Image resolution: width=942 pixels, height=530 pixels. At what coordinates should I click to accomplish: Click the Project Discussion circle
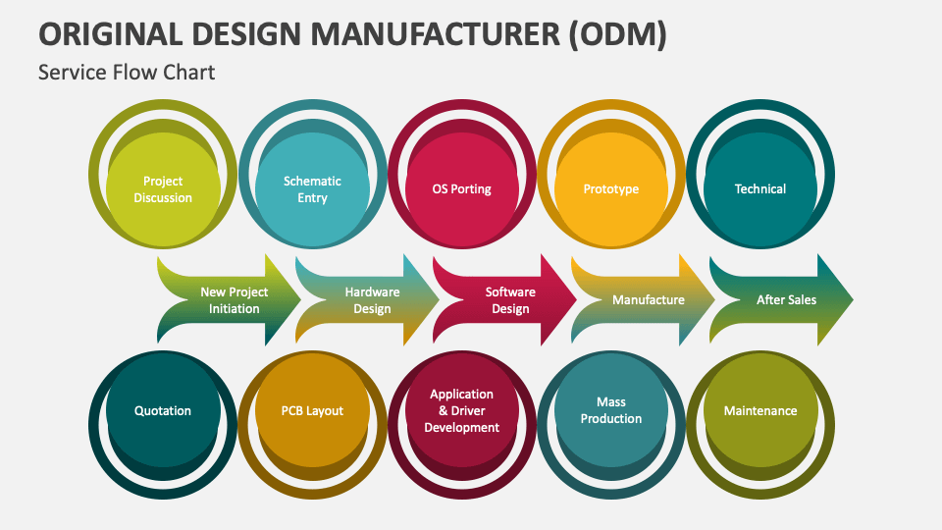click(x=163, y=188)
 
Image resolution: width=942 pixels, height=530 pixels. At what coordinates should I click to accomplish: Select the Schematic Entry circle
click(x=312, y=188)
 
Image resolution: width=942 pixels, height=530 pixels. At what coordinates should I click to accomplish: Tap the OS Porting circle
click(x=462, y=188)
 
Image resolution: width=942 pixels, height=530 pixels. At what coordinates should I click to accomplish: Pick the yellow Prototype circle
click(x=611, y=188)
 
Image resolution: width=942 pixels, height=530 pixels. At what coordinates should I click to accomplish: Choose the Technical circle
click(x=760, y=188)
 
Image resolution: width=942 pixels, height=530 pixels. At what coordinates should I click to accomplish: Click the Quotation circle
click(x=163, y=410)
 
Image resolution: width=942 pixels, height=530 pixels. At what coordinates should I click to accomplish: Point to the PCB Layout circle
click(x=312, y=410)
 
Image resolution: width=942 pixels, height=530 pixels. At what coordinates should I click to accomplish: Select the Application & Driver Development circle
click(x=462, y=410)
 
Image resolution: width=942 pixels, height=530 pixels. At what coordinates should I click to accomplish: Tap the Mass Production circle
click(x=611, y=410)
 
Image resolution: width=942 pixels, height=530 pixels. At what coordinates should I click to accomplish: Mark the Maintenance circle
click(x=760, y=410)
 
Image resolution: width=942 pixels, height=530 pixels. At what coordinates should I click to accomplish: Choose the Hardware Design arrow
click(x=368, y=299)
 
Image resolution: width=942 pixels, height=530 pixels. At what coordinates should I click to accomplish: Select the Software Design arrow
click(x=506, y=299)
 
